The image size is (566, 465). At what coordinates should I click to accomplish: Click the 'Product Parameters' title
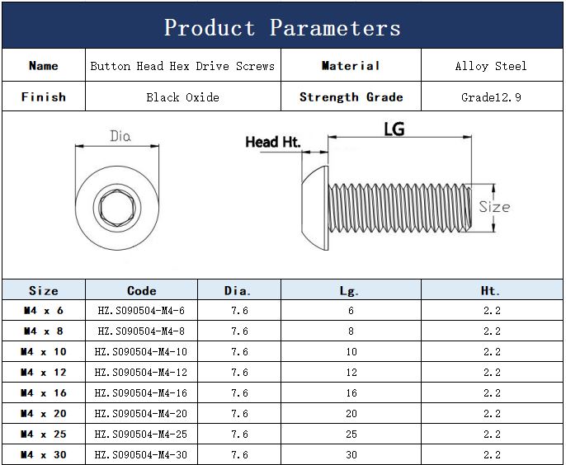tap(282, 28)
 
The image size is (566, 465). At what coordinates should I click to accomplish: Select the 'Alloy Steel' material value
tap(491, 66)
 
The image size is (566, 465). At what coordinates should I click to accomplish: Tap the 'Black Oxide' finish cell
tap(182, 97)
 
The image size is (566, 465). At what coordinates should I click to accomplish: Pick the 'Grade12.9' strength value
tap(491, 97)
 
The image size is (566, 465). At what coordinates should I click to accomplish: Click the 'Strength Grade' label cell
tap(351, 97)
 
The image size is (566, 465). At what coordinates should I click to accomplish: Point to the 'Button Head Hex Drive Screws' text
tap(182, 66)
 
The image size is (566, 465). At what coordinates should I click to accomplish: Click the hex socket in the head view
tap(117, 208)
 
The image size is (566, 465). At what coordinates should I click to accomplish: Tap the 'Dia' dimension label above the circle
tap(120, 136)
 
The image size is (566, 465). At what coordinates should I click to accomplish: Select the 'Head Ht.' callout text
tap(273, 142)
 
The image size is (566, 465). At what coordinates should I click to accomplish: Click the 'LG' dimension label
tap(394, 129)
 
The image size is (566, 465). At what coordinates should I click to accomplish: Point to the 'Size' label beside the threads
tap(494, 207)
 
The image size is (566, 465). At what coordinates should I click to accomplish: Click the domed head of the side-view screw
tap(315, 208)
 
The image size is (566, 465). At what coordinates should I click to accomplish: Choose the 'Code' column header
tap(142, 290)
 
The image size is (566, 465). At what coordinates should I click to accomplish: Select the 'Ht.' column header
tap(490, 290)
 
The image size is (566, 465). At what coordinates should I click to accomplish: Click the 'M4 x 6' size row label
tap(43, 310)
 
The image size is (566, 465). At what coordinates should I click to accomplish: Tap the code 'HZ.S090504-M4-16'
tap(141, 392)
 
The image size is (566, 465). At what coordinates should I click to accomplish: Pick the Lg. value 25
tap(351, 434)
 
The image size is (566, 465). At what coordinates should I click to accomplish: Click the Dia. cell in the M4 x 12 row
tap(239, 373)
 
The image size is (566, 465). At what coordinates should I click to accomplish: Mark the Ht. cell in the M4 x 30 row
tap(492, 454)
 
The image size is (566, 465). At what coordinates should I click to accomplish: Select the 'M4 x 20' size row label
tap(43, 413)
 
